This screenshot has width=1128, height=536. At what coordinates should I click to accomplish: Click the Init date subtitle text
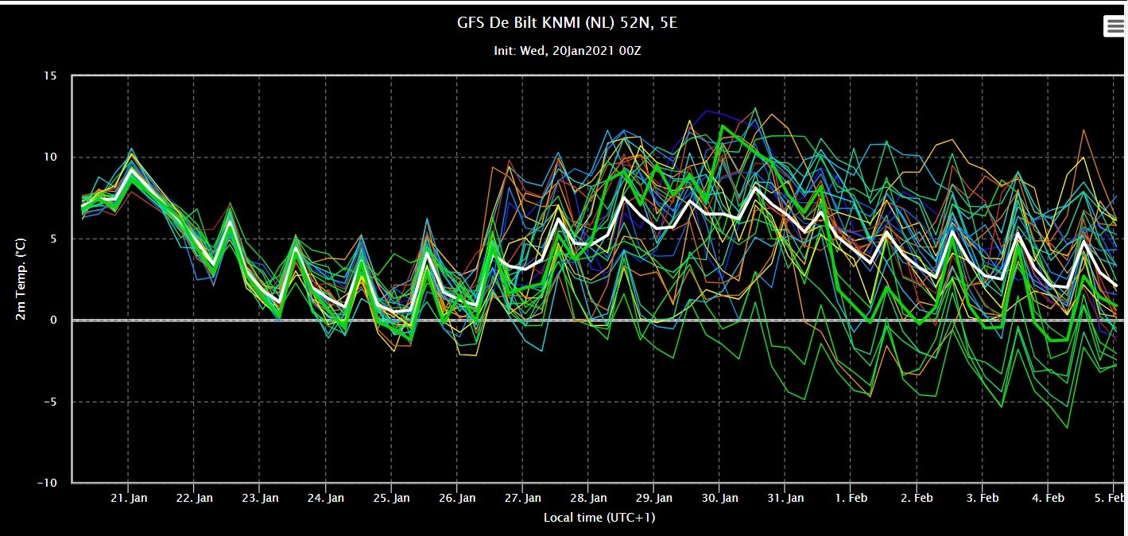point(568,51)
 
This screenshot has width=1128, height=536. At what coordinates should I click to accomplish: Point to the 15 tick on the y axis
point(50,76)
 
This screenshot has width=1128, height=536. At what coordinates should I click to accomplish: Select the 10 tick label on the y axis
point(50,157)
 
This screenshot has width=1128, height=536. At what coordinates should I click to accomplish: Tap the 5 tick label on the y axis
point(53,239)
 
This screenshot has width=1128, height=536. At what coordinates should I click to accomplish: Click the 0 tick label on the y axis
point(53,320)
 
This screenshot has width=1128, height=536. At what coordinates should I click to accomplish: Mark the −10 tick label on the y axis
point(47,483)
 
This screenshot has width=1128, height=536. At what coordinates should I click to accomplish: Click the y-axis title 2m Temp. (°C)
point(20,279)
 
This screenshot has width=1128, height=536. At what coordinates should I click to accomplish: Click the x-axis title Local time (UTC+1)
point(599,518)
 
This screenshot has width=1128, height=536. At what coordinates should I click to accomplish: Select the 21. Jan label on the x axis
point(129,498)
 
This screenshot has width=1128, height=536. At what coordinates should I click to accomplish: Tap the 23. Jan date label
point(260,498)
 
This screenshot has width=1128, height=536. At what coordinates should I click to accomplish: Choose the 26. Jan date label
point(457,498)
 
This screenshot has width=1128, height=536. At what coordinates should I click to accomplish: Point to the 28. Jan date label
point(588,498)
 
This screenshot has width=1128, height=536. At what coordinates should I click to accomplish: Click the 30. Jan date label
point(719,498)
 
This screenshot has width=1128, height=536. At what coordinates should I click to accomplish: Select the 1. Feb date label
point(851,498)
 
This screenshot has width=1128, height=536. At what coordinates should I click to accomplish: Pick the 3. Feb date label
point(983,498)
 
